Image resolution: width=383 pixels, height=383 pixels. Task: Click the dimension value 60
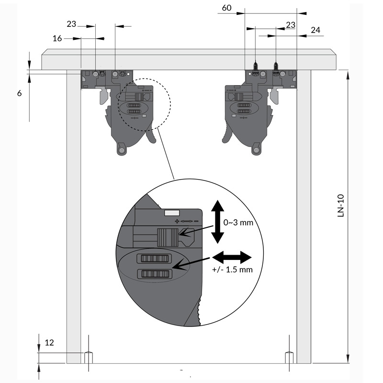[x=226, y=8]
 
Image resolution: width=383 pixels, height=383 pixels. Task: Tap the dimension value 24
[x=315, y=30]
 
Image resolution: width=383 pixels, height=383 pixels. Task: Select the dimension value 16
[x=57, y=38]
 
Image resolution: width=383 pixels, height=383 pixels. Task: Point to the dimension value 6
[x=19, y=93]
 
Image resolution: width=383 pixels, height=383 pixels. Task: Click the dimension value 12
[x=49, y=342]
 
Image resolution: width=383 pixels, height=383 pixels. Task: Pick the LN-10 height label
[x=340, y=205]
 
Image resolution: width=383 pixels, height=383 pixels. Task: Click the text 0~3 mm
[x=238, y=223]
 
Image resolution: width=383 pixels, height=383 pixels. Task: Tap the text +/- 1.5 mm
[x=232, y=270]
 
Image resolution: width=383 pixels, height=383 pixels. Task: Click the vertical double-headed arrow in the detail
[x=217, y=222]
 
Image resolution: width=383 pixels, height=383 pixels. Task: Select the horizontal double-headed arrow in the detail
[x=232, y=257]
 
